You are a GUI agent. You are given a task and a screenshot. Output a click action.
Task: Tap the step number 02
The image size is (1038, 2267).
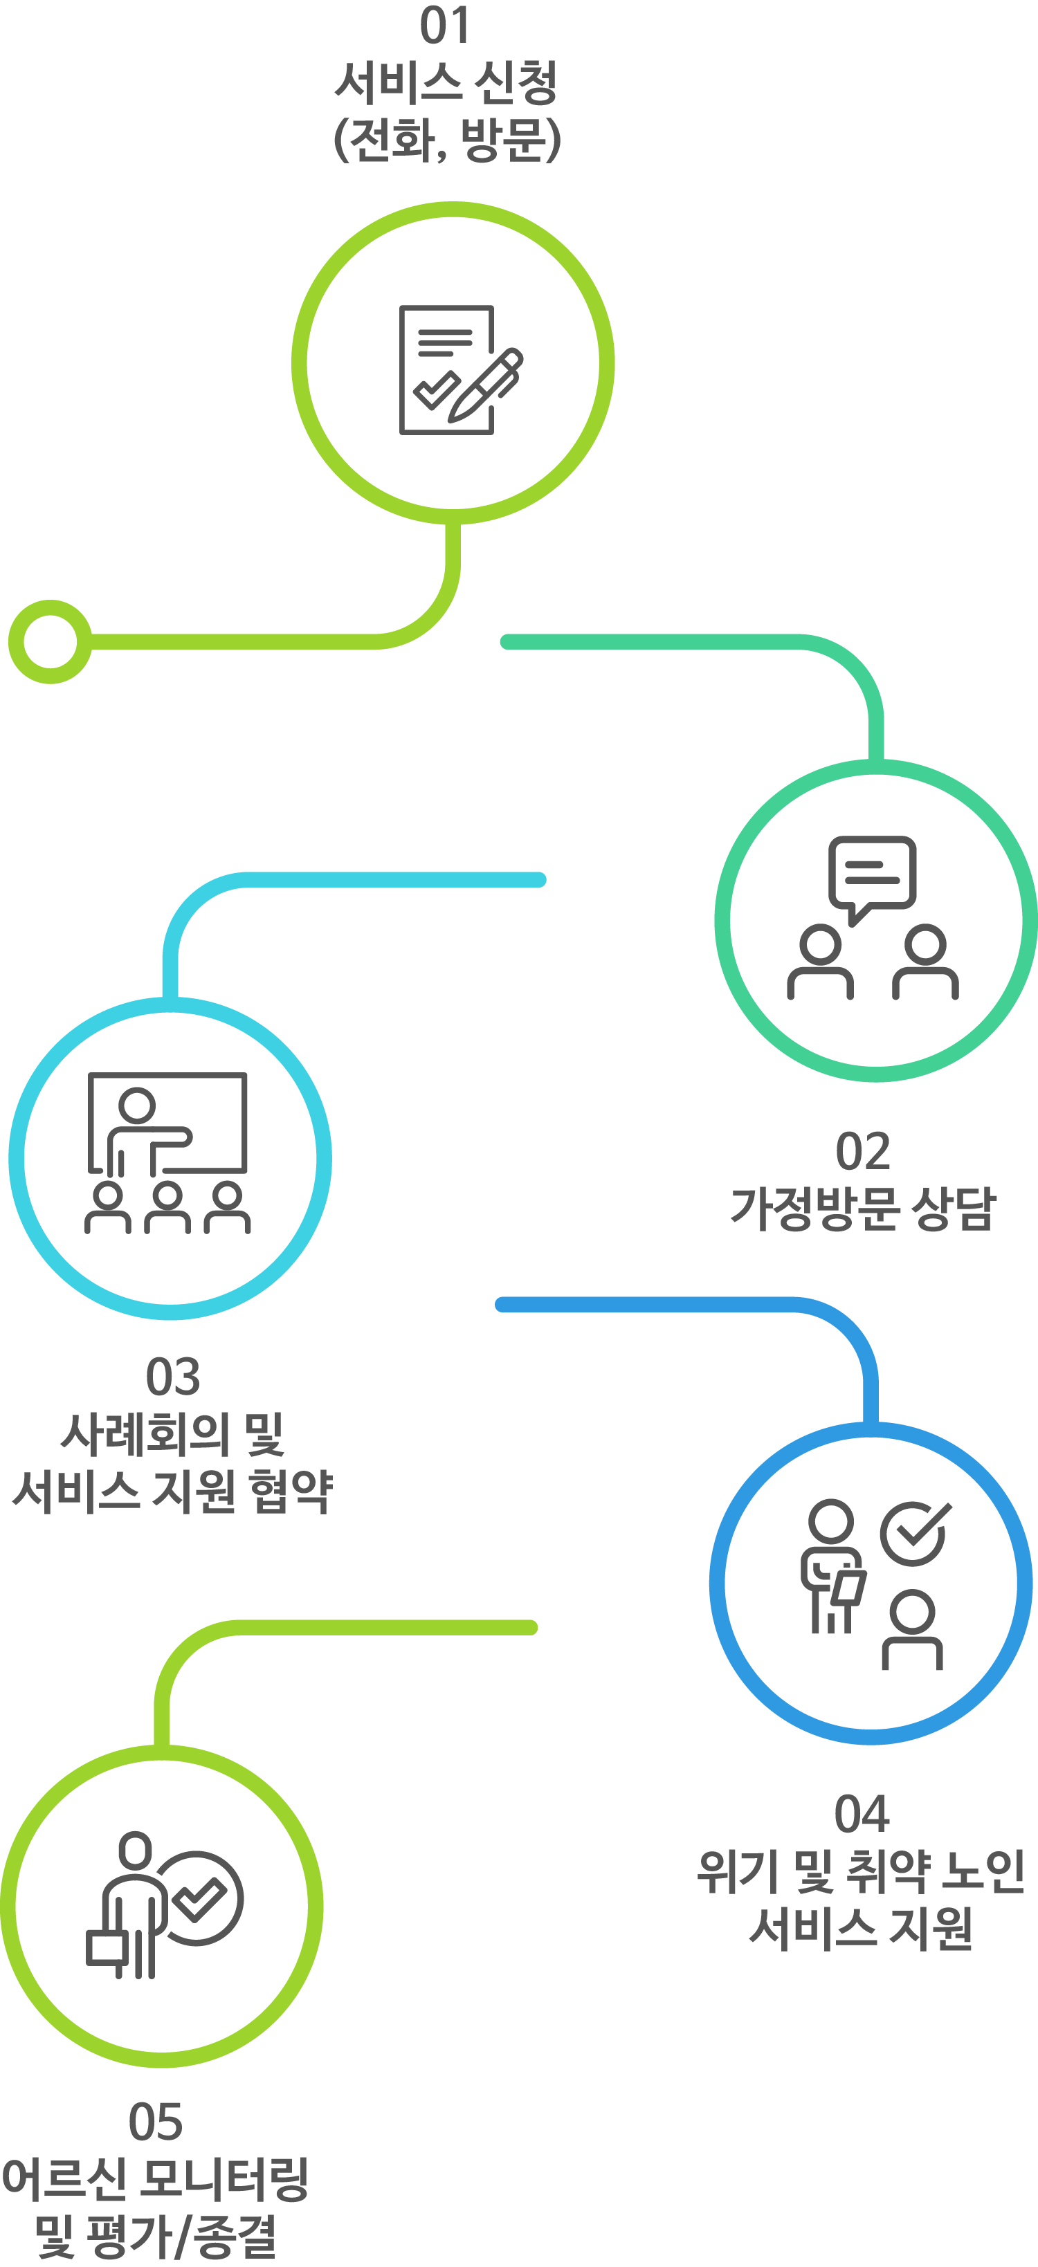pyautogui.click(x=863, y=1151)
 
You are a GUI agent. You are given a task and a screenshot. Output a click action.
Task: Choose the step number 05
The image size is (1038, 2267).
pyautogui.click(x=156, y=2122)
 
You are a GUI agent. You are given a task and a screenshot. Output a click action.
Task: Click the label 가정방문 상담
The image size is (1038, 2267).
pyautogui.click(x=863, y=1209)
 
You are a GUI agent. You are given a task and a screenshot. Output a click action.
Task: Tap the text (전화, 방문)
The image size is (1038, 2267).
pyautogui.click(x=446, y=139)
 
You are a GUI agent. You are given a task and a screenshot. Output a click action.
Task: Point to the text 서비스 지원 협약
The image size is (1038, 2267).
pyautogui.click(x=172, y=1491)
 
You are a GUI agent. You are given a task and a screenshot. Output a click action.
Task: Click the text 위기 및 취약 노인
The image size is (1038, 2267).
pyautogui.click(x=861, y=1871)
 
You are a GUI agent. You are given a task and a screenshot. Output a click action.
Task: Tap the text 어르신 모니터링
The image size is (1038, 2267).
pyautogui.click(x=156, y=2179)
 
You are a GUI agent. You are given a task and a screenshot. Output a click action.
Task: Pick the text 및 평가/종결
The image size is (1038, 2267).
pyautogui.click(x=156, y=2236)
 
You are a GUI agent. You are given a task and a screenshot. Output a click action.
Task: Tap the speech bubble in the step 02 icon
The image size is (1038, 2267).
pyautogui.click(x=872, y=873)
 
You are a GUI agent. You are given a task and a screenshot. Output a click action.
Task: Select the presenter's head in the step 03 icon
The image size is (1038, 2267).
pyautogui.click(x=137, y=1105)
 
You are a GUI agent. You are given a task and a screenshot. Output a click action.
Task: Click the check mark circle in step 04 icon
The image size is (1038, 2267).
pyautogui.click(x=915, y=1533)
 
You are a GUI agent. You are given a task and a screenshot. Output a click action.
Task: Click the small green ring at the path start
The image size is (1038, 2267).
pyautogui.click(x=51, y=641)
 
